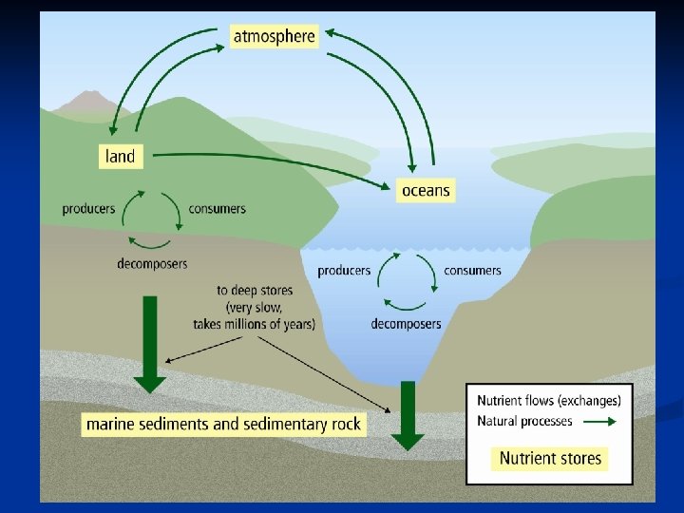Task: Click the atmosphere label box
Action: [x=273, y=37]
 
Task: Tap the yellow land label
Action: [x=121, y=156]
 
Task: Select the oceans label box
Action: [x=425, y=190]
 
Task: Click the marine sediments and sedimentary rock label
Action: [x=223, y=424]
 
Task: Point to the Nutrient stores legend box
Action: [x=551, y=458]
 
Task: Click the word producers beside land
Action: [x=88, y=209]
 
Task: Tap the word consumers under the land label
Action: [x=218, y=209]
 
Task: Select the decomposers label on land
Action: [x=152, y=263]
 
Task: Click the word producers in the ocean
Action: [x=344, y=271]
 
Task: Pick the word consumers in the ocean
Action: [x=472, y=271]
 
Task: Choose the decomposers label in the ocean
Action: [x=406, y=324]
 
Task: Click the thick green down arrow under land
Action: [x=149, y=344]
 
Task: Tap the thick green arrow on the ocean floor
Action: [x=408, y=414]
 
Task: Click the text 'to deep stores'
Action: [x=255, y=290]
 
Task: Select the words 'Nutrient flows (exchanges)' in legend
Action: [x=549, y=400]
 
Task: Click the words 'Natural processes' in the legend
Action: [x=524, y=421]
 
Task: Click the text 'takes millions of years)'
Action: [x=255, y=324]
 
